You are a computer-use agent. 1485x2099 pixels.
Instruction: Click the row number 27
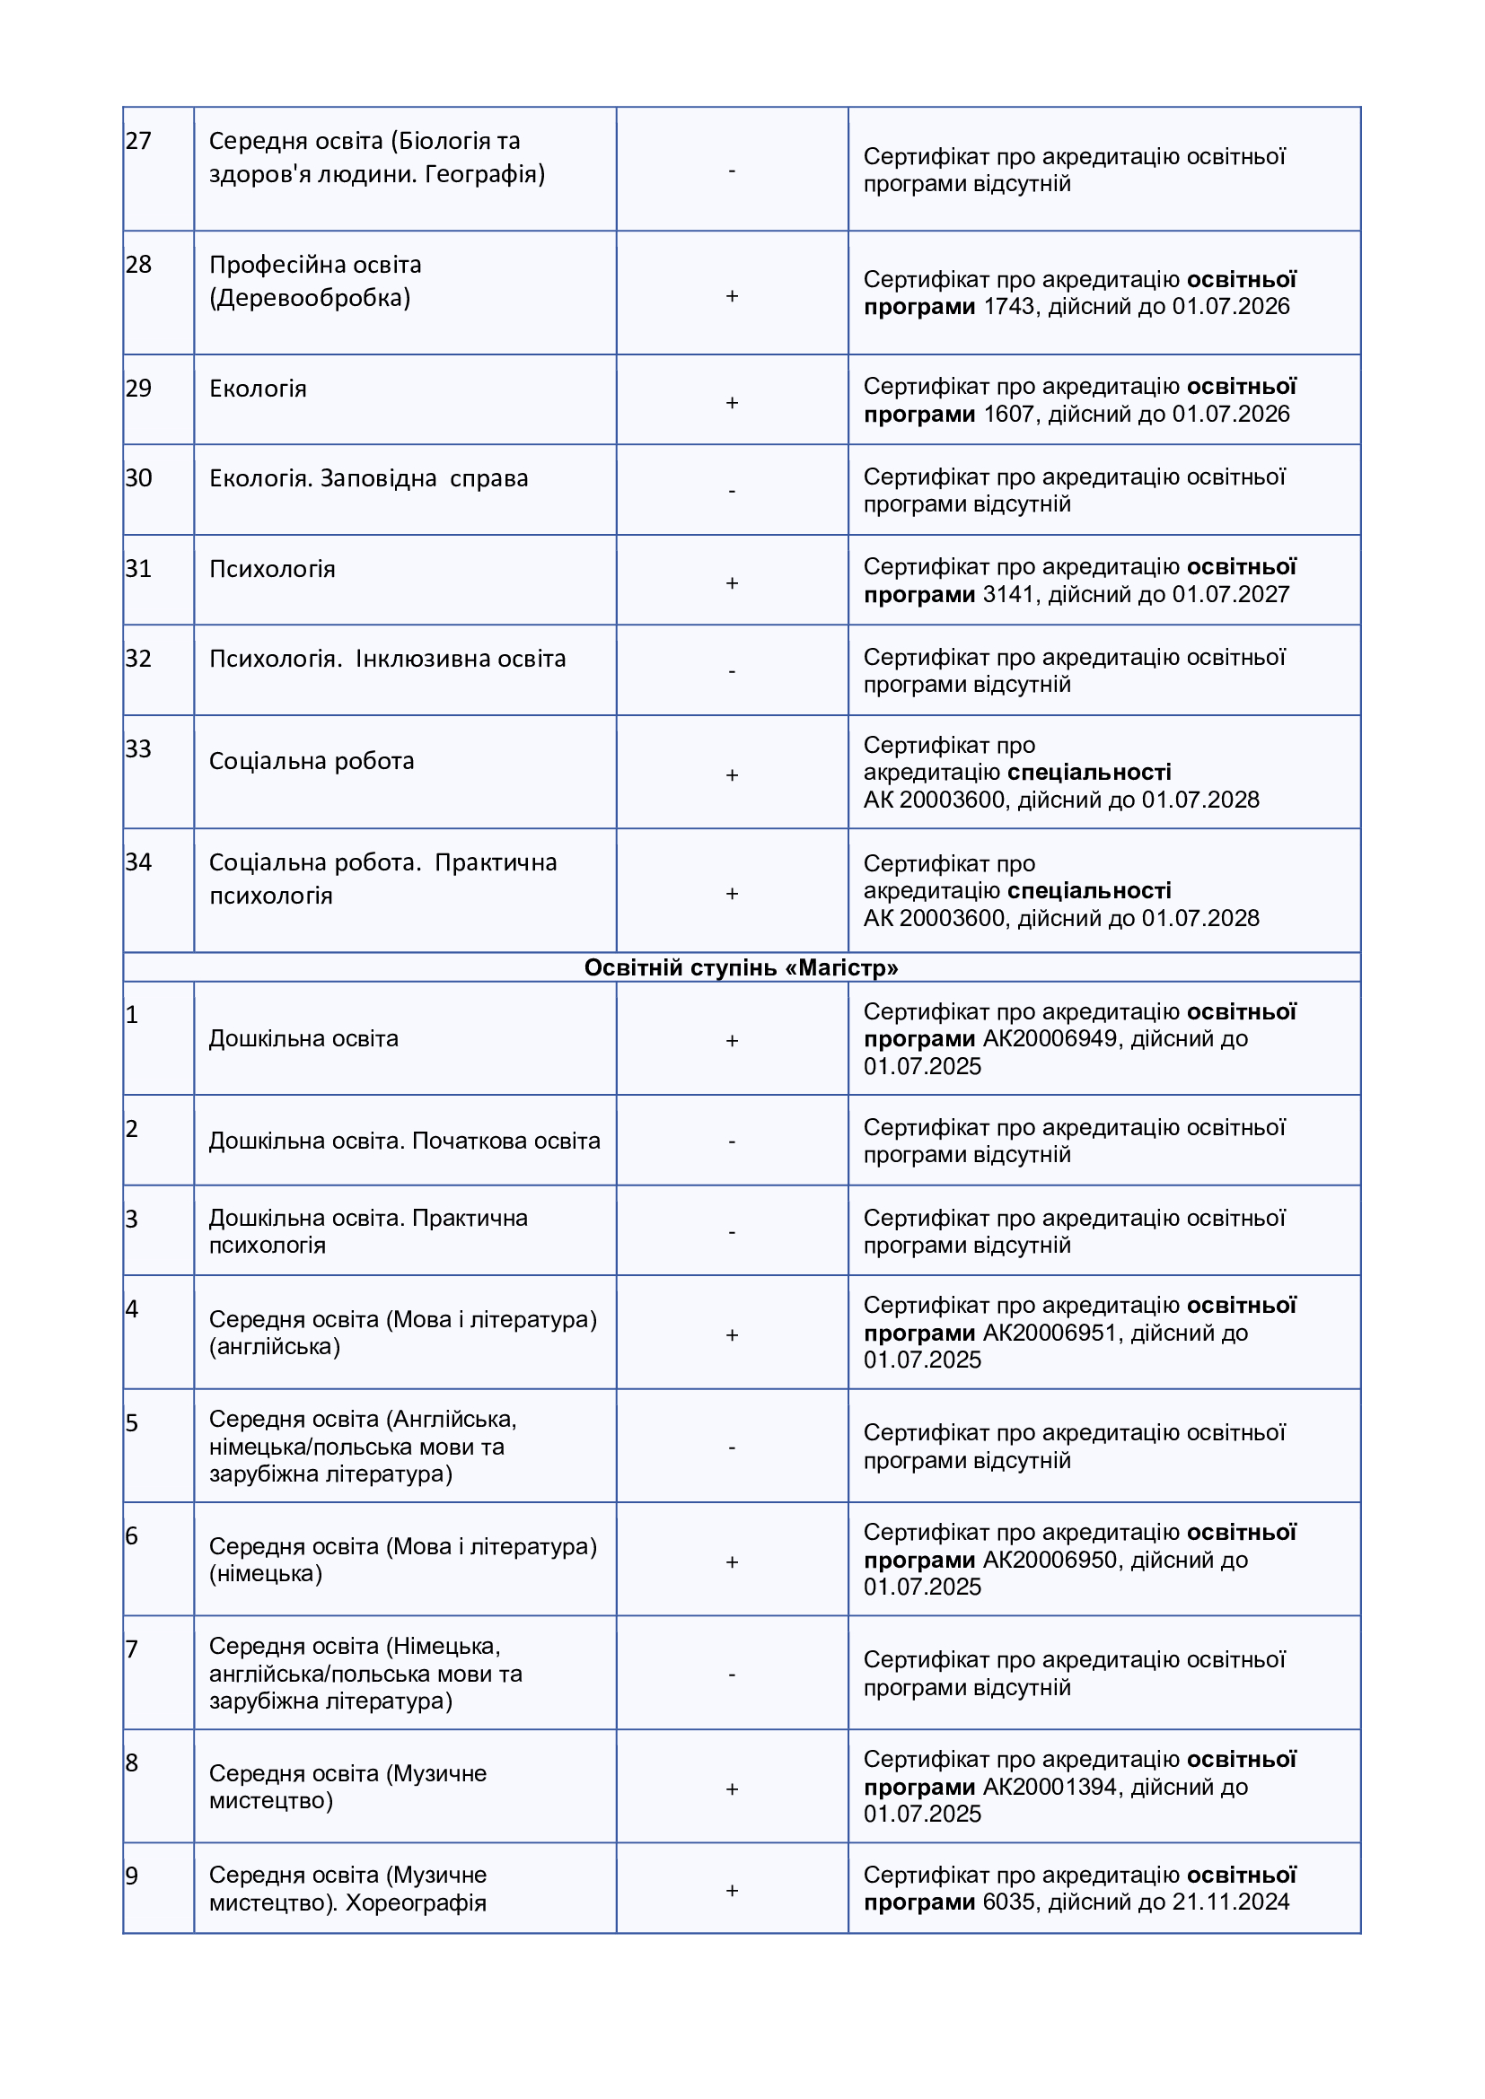point(138,141)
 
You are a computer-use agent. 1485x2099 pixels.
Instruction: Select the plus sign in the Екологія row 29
point(732,403)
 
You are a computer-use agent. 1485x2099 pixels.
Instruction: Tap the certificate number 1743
point(1008,306)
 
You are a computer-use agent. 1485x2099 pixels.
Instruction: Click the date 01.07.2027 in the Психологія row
point(1231,594)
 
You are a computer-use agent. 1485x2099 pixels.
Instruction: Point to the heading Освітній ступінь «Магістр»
point(741,967)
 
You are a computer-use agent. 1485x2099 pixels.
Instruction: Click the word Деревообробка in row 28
point(310,298)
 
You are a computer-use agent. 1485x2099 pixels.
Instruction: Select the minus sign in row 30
point(732,491)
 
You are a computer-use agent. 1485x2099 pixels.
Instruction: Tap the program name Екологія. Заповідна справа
point(368,478)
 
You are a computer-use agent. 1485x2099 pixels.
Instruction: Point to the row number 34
point(138,862)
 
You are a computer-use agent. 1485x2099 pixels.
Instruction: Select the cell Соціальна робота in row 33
point(312,761)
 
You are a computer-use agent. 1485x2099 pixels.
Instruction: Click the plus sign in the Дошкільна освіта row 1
point(732,1040)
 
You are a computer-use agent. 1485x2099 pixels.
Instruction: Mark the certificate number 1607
point(1008,414)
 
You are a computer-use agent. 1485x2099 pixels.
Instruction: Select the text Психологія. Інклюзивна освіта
point(388,660)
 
